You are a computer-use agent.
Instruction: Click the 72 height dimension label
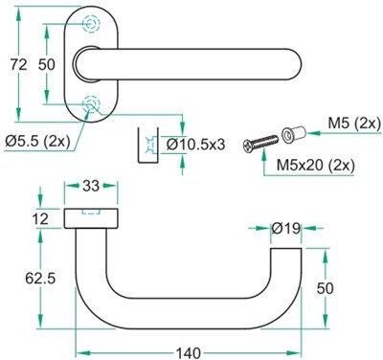(x=19, y=65)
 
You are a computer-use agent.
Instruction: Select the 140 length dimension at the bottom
(x=189, y=352)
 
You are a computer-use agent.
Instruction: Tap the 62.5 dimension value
(x=40, y=279)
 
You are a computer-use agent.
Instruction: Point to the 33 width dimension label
(x=91, y=186)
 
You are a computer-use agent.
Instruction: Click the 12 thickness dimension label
(x=40, y=219)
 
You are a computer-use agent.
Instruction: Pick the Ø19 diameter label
(x=286, y=228)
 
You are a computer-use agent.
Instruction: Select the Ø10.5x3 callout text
(x=196, y=145)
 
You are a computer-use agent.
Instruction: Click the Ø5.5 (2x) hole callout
(x=37, y=141)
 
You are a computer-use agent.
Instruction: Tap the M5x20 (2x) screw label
(x=316, y=165)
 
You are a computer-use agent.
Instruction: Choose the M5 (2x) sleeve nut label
(x=354, y=124)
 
